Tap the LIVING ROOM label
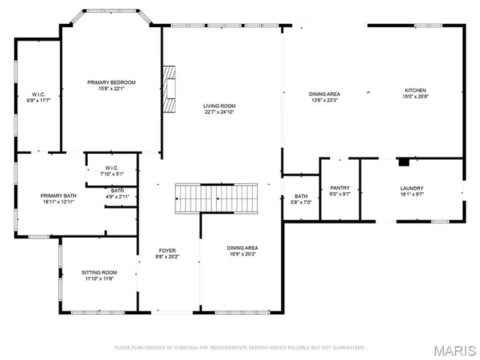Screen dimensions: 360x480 [x=219, y=106]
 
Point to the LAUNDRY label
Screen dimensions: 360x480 [x=412, y=188]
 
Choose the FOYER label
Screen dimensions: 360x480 [x=166, y=250]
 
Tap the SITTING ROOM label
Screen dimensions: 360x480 [x=99, y=272]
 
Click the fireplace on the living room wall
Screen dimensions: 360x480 [x=170, y=88]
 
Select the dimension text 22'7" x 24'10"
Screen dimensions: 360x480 [x=219, y=113]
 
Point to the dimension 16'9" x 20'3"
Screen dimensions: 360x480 [x=242, y=254]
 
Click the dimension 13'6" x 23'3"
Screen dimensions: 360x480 [x=324, y=100]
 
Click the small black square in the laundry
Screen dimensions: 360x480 [x=403, y=160]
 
